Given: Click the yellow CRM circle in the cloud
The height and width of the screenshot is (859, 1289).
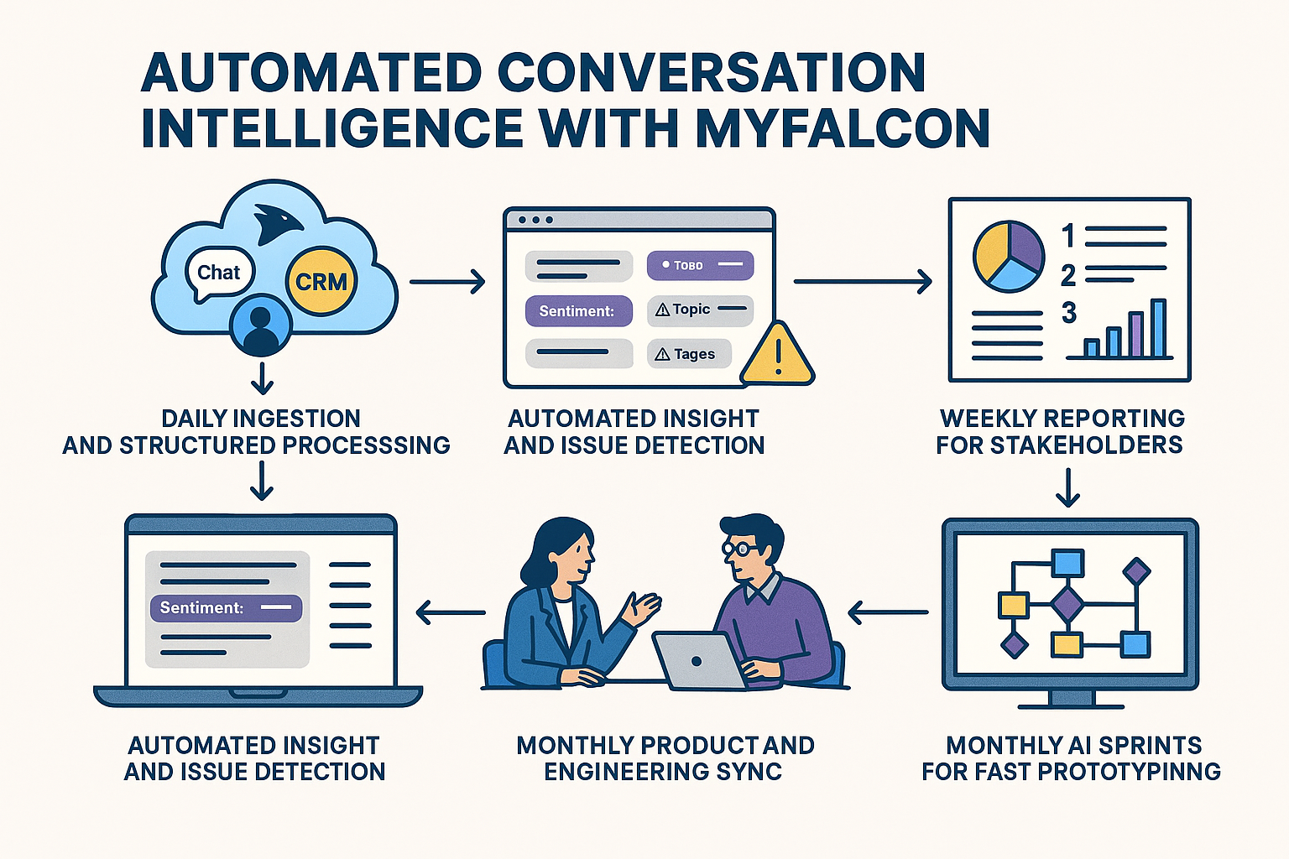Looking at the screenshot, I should (321, 282).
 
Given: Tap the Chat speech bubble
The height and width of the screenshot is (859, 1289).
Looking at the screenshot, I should (218, 273).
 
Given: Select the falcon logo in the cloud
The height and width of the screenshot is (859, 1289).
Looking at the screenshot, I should (277, 223).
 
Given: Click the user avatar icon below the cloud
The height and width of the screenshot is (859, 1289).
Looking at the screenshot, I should (261, 327).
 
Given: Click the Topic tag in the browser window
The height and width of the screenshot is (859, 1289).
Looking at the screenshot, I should (700, 310).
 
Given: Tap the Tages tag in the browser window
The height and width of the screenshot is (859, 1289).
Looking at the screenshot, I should (689, 354).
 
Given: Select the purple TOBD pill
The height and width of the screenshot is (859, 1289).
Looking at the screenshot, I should (700, 265).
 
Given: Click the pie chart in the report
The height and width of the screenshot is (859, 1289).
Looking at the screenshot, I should (1009, 256).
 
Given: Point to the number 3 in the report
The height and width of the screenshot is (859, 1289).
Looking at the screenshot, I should (1068, 314).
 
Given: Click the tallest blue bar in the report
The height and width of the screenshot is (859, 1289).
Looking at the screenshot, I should (1159, 328).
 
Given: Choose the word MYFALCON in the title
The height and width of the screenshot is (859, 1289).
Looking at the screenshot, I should (842, 128).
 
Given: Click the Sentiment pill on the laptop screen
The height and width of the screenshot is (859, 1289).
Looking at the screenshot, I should (225, 607).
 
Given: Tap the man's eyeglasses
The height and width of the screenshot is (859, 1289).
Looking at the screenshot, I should (739, 549).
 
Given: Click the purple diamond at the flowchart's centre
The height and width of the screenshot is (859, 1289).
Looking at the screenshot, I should (1067, 604).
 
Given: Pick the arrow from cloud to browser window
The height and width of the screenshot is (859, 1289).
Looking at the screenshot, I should (447, 282).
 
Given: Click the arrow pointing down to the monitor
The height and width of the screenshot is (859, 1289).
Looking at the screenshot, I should (1067, 487).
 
